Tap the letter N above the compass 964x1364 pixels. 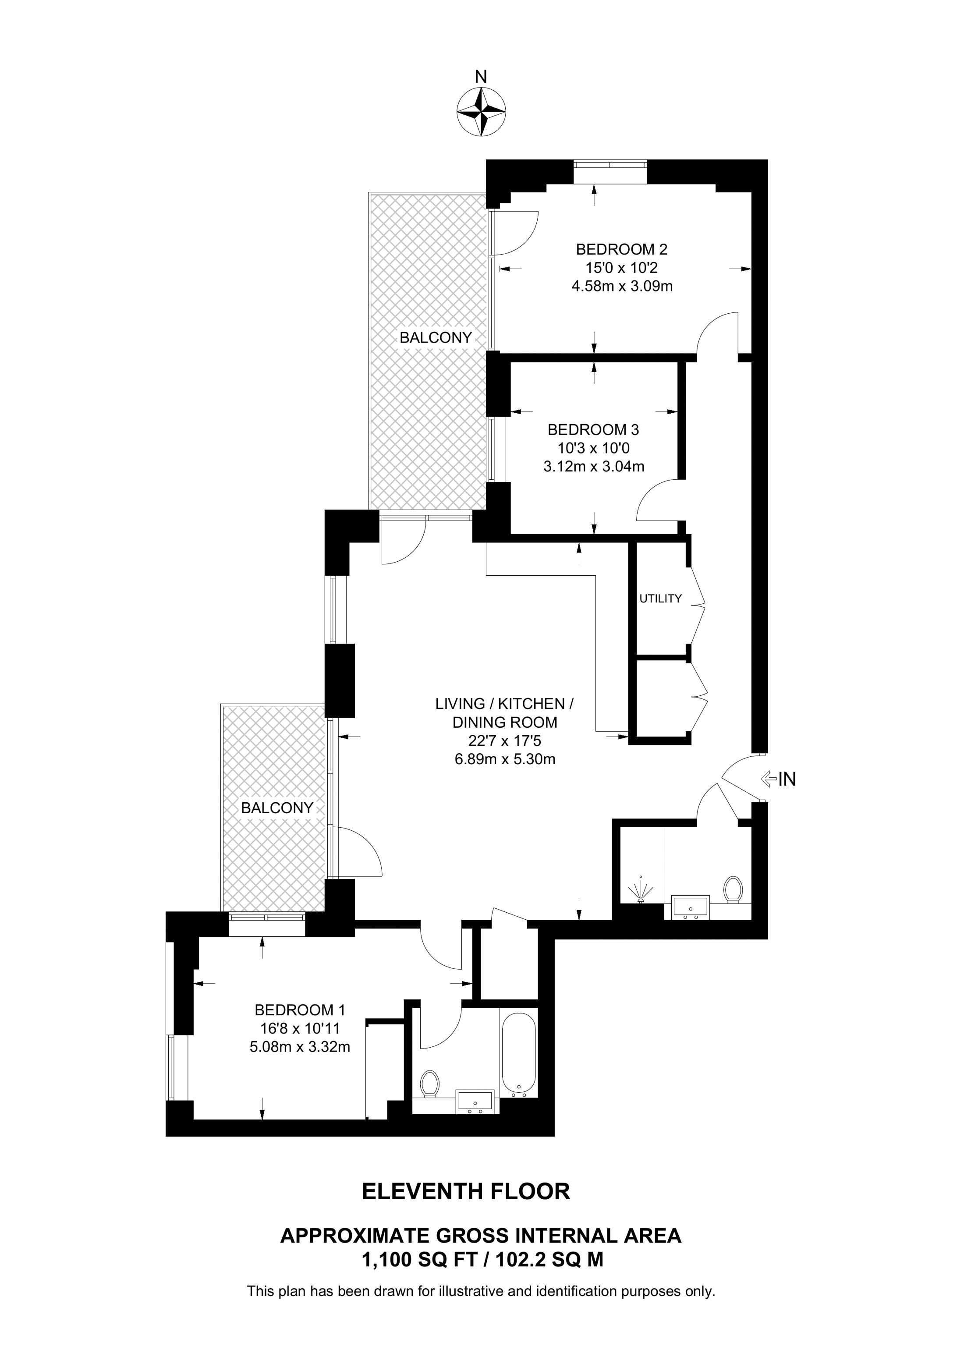481,77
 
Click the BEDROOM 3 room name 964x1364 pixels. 593,429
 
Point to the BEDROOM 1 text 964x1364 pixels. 300,1010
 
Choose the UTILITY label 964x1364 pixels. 660,599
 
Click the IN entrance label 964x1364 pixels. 787,779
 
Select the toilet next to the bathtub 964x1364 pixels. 429,1084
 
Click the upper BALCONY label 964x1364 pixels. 436,337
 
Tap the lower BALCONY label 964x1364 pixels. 277,808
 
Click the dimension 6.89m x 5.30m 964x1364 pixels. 504,758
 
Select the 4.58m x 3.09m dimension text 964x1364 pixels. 622,287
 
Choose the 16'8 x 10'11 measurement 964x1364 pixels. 300,1028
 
